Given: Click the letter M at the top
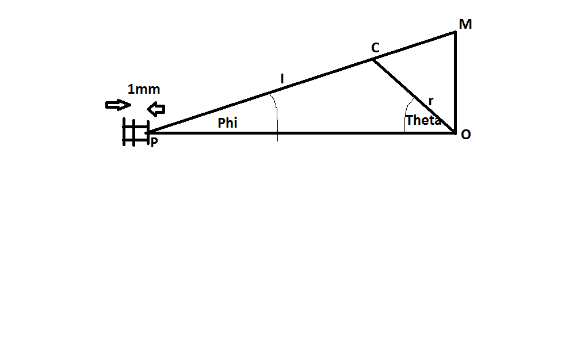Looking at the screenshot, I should point(465,24).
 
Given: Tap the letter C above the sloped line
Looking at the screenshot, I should point(375,48).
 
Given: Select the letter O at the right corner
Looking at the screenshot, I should point(465,134).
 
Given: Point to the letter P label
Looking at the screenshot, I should point(154,142).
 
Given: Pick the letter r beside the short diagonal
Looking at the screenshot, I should point(431,101).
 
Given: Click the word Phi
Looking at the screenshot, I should point(227,123).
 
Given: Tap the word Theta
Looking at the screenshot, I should point(423,120).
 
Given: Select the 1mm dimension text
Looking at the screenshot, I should point(144,89).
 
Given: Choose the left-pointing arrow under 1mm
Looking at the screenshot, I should point(156,108).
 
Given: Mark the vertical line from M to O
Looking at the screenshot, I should point(455,81).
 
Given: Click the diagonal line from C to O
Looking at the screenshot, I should point(413,95).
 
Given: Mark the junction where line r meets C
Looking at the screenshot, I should point(371,59).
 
